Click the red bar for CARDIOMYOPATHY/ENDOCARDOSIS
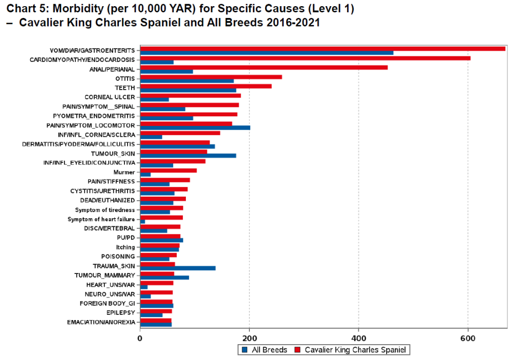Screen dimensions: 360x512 click(x=305, y=58)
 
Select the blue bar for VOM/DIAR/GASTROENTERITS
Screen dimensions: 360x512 click(x=266, y=53)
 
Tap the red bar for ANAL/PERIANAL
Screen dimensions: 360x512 click(x=263, y=67)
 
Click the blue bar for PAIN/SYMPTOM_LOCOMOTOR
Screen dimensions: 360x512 click(x=195, y=128)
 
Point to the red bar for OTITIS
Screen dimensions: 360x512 click(x=210, y=77)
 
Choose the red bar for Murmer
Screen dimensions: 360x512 click(x=168, y=170)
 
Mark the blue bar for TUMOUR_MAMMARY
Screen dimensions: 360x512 click(x=164, y=278)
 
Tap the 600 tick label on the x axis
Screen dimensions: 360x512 click(x=468, y=340)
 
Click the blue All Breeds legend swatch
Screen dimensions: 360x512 click(x=245, y=350)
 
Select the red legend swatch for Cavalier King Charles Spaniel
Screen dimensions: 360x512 click(x=298, y=350)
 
